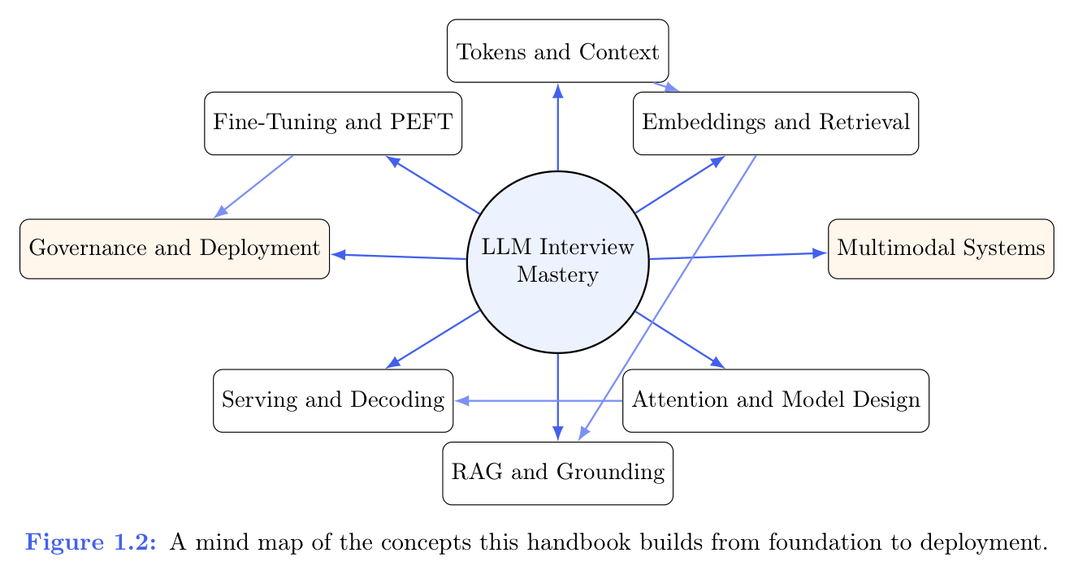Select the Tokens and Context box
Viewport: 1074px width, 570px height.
pos(558,52)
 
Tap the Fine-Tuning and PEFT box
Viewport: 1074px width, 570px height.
pos(333,123)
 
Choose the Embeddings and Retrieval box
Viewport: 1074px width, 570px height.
pos(776,123)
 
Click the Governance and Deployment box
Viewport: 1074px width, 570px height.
pos(175,248)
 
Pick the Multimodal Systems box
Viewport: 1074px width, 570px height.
pos(941,248)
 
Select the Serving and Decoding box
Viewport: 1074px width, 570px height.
pos(333,400)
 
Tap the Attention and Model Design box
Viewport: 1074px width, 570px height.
pos(776,400)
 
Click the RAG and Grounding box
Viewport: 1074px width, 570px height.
pos(558,473)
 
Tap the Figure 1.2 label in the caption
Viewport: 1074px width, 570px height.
pos(91,542)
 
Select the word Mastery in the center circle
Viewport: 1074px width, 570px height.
pos(558,274)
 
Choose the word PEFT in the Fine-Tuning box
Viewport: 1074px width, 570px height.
pos(427,123)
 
